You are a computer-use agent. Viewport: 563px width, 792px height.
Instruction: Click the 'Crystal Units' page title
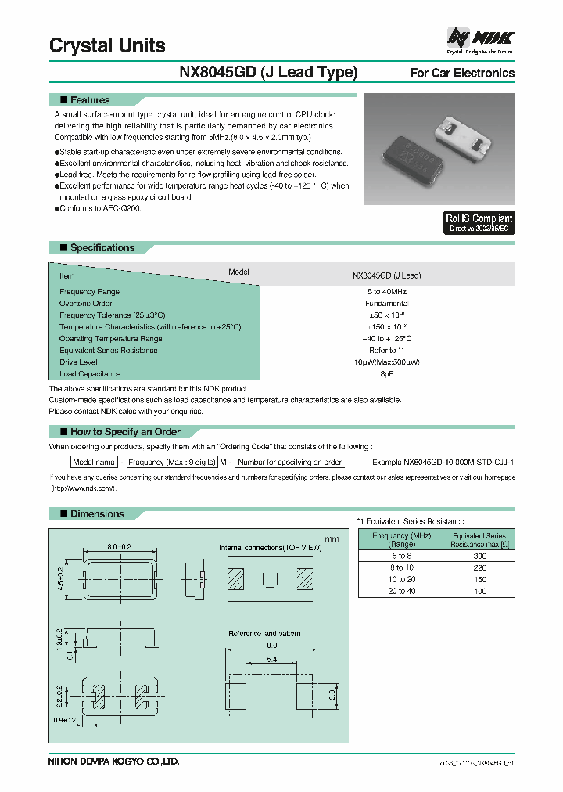click(x=107, y=45)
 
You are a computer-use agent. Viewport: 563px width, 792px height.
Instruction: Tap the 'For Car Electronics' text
click(x=462, y=73)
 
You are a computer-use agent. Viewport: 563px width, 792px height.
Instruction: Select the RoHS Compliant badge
click(x=479, y=223)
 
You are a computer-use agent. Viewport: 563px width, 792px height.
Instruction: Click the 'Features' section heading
click(x=90, y=100)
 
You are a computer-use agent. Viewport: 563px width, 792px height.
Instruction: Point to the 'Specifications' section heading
click(x=102, y=248)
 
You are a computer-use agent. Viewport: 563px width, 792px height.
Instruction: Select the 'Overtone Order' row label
click(x=86, y=303)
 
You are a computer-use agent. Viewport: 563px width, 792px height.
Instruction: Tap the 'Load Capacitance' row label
click(x=90, y=374)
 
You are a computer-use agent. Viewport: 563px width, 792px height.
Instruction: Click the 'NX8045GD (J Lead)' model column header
click(x=386, y=275)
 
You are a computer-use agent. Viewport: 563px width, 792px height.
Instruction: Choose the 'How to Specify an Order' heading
click(x=125, y=432)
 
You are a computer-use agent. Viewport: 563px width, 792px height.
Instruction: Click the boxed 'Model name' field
click(x=94, y=463)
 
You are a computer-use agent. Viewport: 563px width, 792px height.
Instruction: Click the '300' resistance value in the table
click(x=479, y=555)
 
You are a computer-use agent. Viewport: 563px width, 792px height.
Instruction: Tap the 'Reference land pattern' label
click(x=264, y=633)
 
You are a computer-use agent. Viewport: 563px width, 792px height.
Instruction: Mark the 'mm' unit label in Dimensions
click(x=332, y=539)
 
